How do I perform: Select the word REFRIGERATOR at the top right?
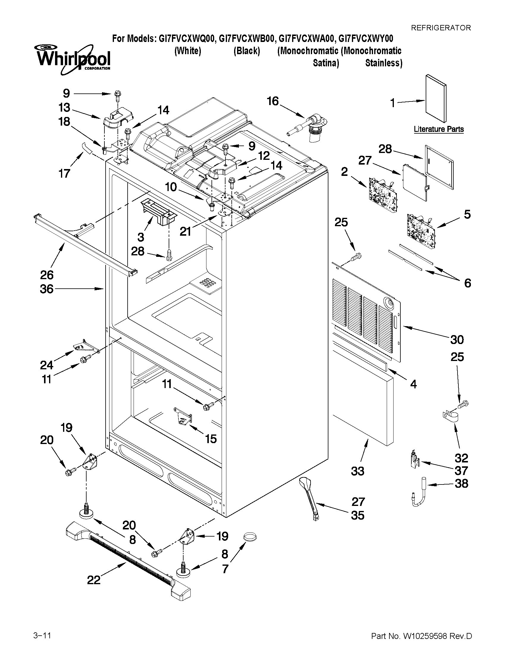441,28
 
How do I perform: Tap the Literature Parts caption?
438,129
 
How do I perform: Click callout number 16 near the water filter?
273,101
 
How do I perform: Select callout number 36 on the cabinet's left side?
47,289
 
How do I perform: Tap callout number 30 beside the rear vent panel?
457,340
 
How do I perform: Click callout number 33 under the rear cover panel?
358,471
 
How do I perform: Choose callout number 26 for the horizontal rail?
47,275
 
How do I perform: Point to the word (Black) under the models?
247,51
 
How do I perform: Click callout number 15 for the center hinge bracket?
211,439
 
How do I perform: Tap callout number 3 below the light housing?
141,237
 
